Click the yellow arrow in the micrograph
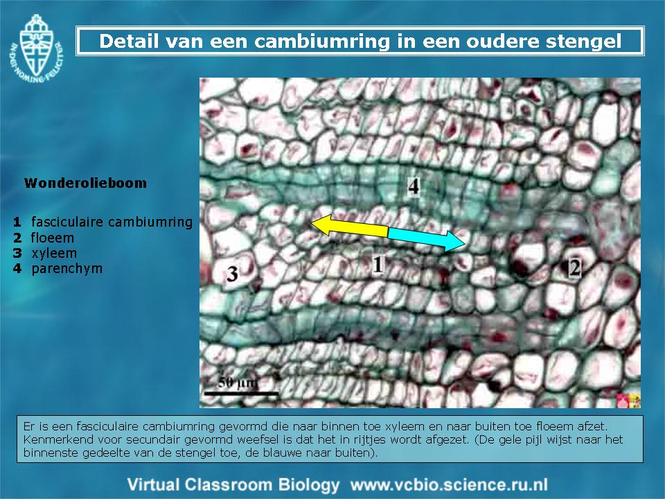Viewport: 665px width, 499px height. coord(349,226)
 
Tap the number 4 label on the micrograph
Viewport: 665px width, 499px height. coord(414,186)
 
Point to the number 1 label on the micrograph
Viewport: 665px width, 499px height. coord(377,264)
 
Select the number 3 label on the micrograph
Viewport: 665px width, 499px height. coord(232,274)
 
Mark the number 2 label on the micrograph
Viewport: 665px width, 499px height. coord(575,268)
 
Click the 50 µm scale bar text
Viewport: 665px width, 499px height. coord(238,383)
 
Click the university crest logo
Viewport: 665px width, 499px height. coord(37,49)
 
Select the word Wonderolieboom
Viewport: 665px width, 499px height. coord(85,183)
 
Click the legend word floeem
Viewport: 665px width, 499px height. coord(53,238)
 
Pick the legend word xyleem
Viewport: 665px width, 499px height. coord(54,254)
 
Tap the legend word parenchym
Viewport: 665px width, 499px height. coord(67,269)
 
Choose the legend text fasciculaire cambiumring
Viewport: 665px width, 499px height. coord(112,222)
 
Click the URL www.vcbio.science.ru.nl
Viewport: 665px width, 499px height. coord(449,484)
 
